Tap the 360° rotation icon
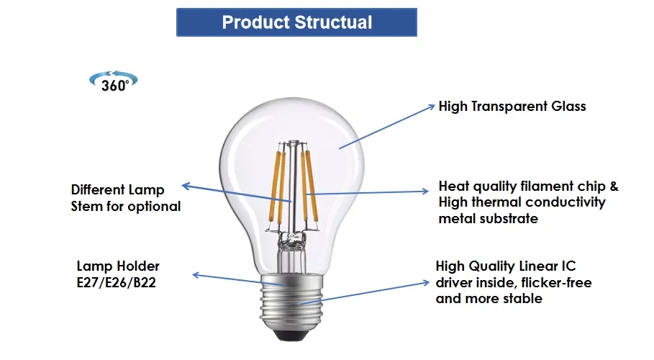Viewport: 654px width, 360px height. (x=114, y=81)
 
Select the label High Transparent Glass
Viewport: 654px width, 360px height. (x=512, y=107)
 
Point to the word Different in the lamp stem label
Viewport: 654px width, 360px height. (x=96, y=189)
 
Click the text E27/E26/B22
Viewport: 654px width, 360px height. (x=117, y=283)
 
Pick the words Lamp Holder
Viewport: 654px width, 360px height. (x=118, y=266)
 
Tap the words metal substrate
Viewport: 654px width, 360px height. (x=489, y=218)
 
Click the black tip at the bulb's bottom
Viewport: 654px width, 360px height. (x=291, y=335)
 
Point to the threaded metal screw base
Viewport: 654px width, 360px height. (x=291, y=302)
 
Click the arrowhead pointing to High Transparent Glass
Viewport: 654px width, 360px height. (x=431, y=107)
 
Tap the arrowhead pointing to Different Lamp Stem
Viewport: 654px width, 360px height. (x=186, y=186)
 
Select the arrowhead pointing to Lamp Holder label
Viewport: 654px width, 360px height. (x=196, y=275)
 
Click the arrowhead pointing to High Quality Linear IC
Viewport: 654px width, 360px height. (x=425, y=283)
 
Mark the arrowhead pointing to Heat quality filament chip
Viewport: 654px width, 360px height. (x=424, y=192)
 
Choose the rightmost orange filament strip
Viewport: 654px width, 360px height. (x=312, y=186)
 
